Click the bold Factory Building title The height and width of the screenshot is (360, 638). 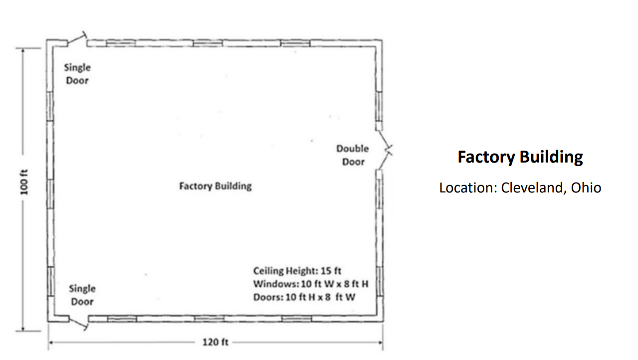(x=520, y=157)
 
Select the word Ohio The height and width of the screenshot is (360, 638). (x=586, y=188)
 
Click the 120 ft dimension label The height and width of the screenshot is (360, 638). (x=215, y=342)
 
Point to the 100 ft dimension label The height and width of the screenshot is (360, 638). (x=24, y=182)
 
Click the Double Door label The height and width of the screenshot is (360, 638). (x=353, y=155)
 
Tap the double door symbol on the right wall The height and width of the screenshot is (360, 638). (x=385, y=150)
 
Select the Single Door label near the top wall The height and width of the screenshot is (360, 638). (x=77, y=74)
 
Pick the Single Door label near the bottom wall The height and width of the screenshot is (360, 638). (x=82, y=295)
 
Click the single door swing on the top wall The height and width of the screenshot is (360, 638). (x=77, y=39)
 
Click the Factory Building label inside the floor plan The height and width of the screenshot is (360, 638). (x=215, y=186)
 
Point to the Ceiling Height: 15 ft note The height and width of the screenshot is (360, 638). (x=297, y=271)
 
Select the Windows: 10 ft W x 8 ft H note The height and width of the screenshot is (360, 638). (x=311, y=284)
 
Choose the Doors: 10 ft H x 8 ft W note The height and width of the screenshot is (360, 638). (x=304, y=297)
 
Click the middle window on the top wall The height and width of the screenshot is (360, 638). (x=208, y=43)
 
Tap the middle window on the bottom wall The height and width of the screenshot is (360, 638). (x=209, y=319)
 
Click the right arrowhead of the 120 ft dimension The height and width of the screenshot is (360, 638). (x=381, y=342)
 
